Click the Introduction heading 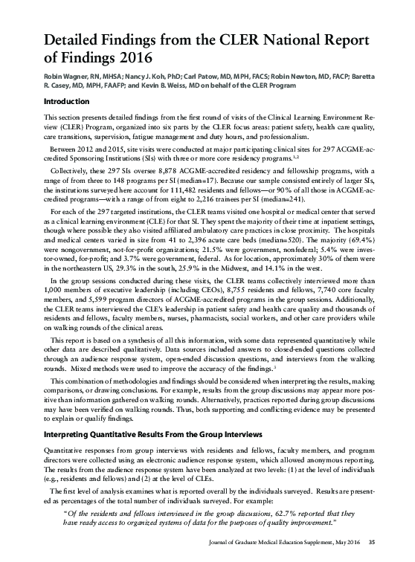[x=68, y=102]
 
